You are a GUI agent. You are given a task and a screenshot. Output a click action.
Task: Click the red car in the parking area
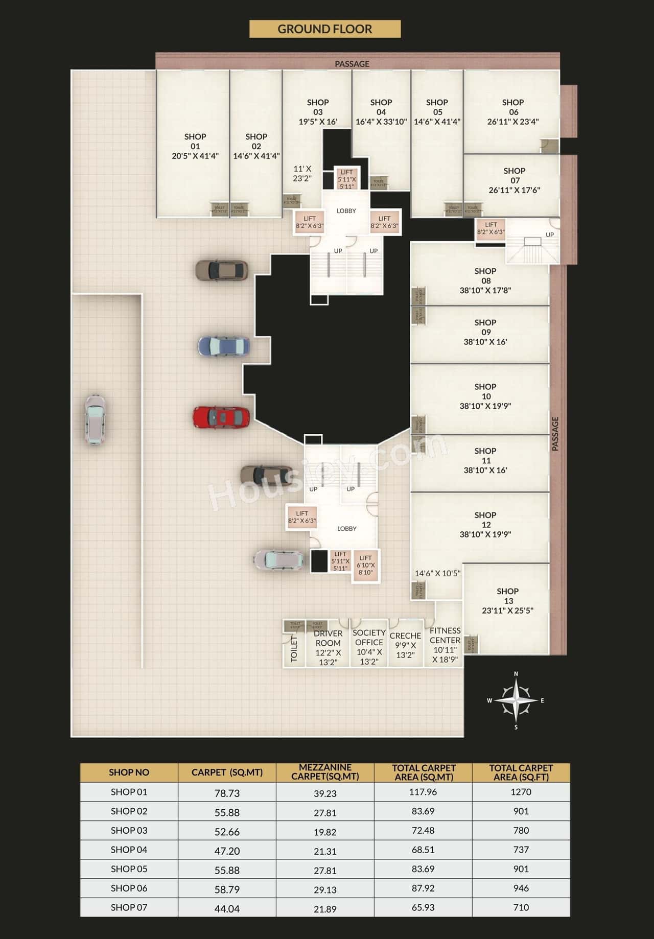click(x=221, y=417)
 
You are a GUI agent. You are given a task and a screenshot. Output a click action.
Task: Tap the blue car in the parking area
click(x=224, y=346)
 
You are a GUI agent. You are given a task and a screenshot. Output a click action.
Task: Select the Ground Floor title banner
click(x=324, y=29)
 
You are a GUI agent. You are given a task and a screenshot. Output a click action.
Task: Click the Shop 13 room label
click(x=508, y=600)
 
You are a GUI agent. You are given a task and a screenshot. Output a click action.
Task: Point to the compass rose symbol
click(x=516, y=700)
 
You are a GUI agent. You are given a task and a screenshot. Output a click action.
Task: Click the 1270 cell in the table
click(x=521, y=792)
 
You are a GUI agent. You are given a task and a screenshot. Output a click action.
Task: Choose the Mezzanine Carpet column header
click(x=325, y=772)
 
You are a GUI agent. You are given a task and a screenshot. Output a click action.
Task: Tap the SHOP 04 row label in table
click(x=129, y=850)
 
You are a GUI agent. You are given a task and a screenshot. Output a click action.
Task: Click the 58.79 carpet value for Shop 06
click(x=227, y=889)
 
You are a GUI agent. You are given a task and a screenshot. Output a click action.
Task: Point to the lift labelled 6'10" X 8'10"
click(x=365, y=565)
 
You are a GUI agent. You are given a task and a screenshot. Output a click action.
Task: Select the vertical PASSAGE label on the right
click(x=555, y=434)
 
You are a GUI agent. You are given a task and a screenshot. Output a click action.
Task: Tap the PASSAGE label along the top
click(x=352, y=64)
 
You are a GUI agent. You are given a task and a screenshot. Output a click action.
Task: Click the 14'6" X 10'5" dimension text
click(x=437, y=573)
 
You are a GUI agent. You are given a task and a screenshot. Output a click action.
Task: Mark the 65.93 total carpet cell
click(x=423, y=907)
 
